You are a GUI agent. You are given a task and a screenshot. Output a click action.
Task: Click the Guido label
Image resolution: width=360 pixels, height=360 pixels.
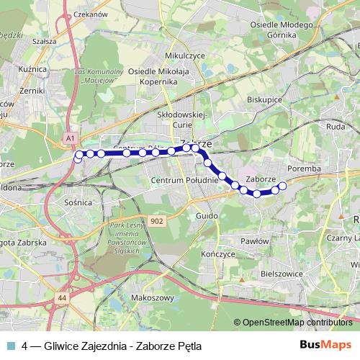(x=205, y=215)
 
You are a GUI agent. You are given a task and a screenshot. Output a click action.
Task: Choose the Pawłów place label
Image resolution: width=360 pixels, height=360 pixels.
(x=255, y=241)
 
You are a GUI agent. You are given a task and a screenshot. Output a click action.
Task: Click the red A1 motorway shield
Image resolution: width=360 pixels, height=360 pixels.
(x=69, y=136)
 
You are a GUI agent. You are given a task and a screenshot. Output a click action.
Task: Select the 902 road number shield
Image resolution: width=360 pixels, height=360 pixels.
(x=158, y=220)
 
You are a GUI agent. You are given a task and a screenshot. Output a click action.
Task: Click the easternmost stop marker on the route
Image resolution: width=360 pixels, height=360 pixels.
(x=283, y=186)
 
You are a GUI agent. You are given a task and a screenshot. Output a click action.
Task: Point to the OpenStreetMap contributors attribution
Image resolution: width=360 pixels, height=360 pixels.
(x=297, y=323)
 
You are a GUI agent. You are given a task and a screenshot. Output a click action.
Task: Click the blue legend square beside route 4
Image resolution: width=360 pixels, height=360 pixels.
(x=11, y=345)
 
